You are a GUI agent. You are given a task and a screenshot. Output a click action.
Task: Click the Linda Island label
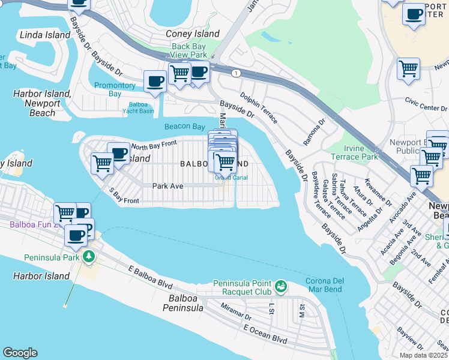tap(45, 35)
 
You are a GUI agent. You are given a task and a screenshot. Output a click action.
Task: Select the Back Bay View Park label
tap(189, 50)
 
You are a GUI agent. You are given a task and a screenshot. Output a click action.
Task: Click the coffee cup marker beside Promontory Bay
tap(155, 81)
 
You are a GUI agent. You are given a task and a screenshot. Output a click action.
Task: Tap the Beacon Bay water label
tap(185, 127)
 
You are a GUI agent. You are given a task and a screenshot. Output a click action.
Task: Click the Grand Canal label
tap(231, 177)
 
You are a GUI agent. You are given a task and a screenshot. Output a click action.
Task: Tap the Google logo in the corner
tap(20, 353)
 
